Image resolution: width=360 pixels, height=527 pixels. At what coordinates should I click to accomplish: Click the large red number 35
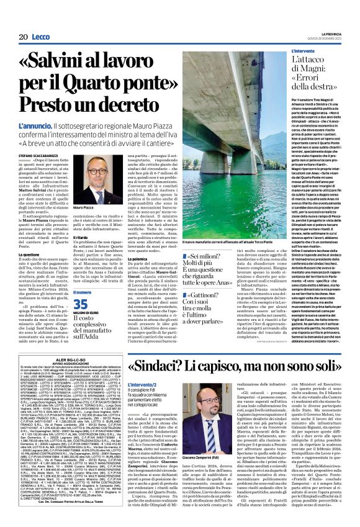point(81,303)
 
